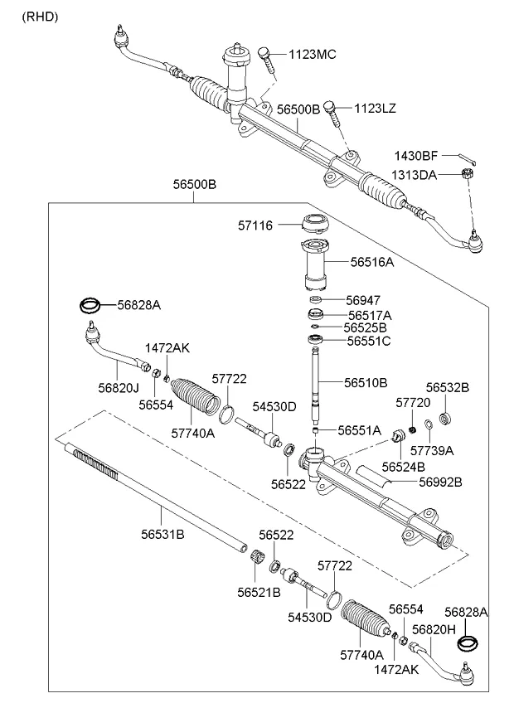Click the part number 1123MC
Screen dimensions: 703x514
313,55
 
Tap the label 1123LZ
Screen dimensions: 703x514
376,108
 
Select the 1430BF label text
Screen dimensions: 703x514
415,155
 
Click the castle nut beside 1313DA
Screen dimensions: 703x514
467,174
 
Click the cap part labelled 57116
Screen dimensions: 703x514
315,224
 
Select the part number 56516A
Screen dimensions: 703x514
371,261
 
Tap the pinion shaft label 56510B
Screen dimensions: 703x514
366,383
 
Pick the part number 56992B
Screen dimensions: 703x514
440,482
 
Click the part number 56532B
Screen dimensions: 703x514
448,387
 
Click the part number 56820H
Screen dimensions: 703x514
434,631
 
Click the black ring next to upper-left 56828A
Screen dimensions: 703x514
91,307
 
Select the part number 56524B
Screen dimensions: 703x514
404,467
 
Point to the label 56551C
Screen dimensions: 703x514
369,341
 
